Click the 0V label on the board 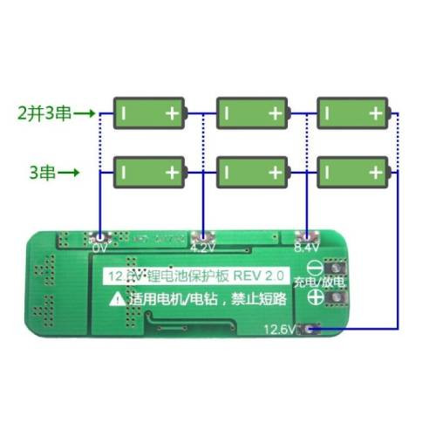99,247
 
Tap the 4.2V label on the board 202,247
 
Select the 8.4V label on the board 307,247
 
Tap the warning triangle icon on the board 117,298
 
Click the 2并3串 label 43,112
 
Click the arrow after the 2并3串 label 85,112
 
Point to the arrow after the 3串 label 71,173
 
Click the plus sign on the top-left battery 173,112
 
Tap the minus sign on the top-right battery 330,112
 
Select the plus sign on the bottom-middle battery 275,172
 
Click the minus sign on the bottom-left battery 126,172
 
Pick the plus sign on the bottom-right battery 376,172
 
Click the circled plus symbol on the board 315,299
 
